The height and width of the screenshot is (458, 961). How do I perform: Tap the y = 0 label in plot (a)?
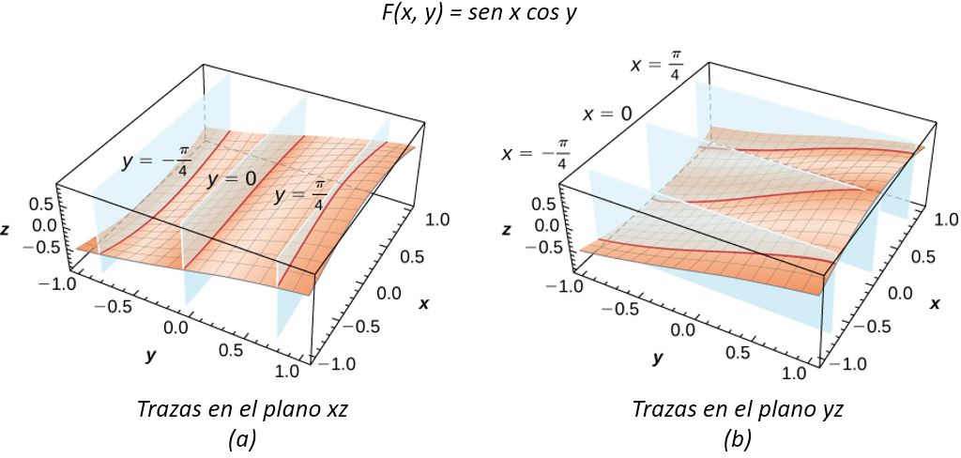(x=231, y=179)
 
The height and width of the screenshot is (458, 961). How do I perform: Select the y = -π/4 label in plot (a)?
(x=158, y=164)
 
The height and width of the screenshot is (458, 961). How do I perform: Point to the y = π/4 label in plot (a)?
(x=300, y=197)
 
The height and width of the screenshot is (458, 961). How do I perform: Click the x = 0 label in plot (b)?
(x=607, y=114)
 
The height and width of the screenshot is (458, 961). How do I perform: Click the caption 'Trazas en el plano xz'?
(x=242, y=408)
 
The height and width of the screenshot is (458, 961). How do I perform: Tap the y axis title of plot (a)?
(x=149, y=356)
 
